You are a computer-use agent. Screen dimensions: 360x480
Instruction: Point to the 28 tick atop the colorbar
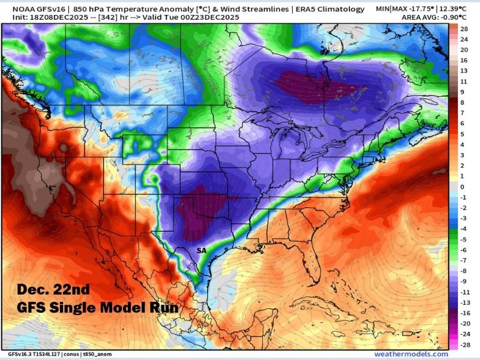pos(463,28)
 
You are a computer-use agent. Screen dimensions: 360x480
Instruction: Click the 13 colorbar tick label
pos(463,70)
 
